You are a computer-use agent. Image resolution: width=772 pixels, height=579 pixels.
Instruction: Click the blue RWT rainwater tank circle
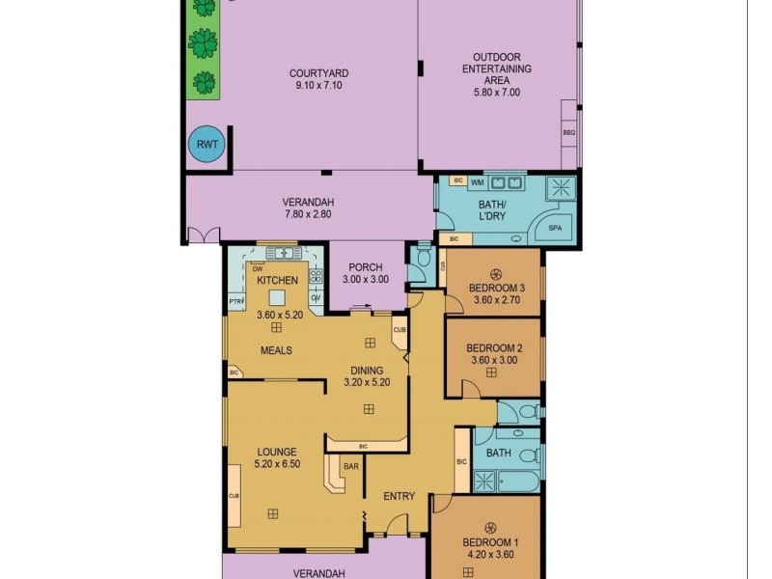[x=207, y=146]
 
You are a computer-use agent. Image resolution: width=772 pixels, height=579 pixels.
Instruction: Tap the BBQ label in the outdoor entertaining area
[x=568, y=133]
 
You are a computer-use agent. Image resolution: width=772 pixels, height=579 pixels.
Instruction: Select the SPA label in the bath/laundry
[x=555, y=227]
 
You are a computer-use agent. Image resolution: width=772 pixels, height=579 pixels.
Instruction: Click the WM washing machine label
[x=477, y=182]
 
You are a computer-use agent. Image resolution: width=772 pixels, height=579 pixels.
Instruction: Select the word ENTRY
[x=399, y=497]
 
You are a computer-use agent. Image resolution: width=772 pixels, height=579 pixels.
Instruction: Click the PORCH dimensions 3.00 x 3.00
[x=366, y=280]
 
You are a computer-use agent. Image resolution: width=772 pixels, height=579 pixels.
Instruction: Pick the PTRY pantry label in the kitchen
[x=235, y=302]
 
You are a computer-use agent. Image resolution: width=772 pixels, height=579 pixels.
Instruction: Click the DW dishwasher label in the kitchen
[x=257, y=269]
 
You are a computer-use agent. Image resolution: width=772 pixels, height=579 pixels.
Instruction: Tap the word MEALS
[x=276, y=350]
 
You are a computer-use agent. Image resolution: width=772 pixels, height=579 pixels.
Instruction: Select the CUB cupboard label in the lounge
[x=234, y=496]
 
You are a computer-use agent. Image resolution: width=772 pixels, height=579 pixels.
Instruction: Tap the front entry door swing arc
[x=394, y=525]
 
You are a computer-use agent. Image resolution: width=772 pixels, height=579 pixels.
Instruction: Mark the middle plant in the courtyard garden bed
[x=203, y=42]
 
